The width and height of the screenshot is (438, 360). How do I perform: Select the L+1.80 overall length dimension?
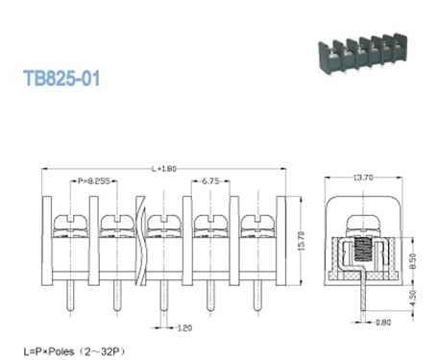click(x=163, y=170)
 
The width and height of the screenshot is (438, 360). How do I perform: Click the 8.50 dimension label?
click(x=410, y=257)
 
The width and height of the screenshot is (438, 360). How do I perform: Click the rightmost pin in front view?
click(x=255, y=298)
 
